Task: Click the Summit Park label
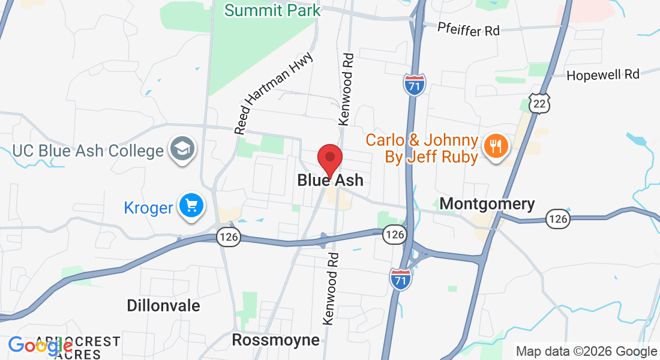pyautogui.click(x=272, y=10)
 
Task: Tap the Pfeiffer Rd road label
pyautogui.click(x=468, y=29)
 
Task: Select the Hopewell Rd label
pyautogui.click(x=603, y=74)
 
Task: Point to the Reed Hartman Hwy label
pyautogui.click(x=274, y=93)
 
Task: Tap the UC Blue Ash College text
pyautogui.click(x=88, y=150)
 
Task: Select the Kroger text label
pyautogui.click(x=148, y=208)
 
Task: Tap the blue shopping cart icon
pyautogui.click(x=191, y=206)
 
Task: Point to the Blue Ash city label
pyautogui.click(x=330, y=180)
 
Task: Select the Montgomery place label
pyautogui.click(x=487, y=204)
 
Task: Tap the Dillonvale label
pyautogui.click(x=163, y=305)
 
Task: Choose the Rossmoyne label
pyautogui.click(x=275, y=340)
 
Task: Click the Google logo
pyautogui.click(x=40, y=346)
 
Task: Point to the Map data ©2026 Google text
pyautogui.click(x=586, y=352)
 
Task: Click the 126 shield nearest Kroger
pyautogui.click(x=229, y=237)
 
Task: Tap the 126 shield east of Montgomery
pyautogui.click(x=558, y=219)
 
